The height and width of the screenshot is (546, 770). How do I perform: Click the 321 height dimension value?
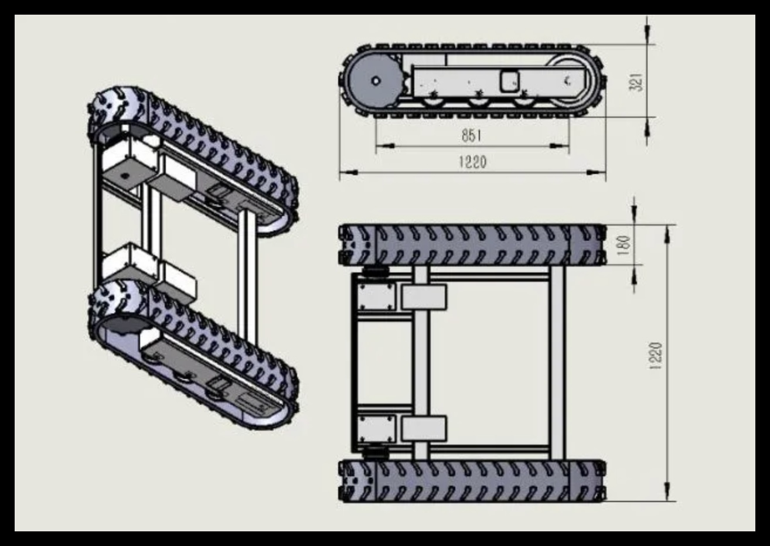pos(638,81)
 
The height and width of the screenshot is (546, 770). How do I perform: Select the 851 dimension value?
pos(471,135)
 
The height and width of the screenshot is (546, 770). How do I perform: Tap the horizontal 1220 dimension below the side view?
pos(472,162)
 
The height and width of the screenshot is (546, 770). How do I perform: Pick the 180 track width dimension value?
pos(624,244)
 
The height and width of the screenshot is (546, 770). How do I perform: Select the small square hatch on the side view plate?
pos(509,80)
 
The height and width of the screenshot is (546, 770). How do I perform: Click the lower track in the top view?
pos(472,481)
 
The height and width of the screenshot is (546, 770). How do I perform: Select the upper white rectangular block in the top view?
pos(424,296)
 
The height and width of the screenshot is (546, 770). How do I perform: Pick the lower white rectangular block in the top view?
pos(424,429)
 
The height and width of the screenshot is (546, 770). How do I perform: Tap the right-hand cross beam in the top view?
pos(557,363)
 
